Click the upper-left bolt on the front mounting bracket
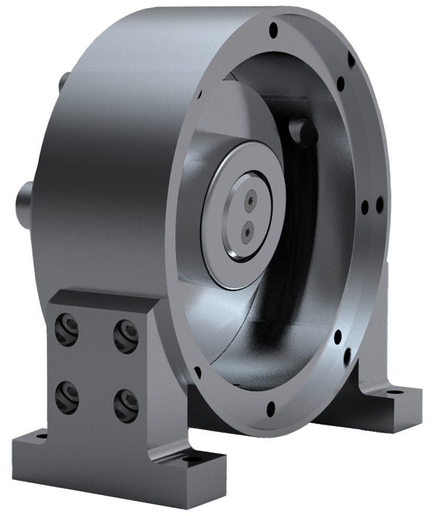[67, 329]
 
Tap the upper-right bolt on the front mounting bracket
[126, 331]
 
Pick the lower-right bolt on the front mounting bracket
[126, 402]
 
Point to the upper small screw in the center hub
[251, 200]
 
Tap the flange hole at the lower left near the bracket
[197, 372]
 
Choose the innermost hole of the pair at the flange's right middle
[365, 207]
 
